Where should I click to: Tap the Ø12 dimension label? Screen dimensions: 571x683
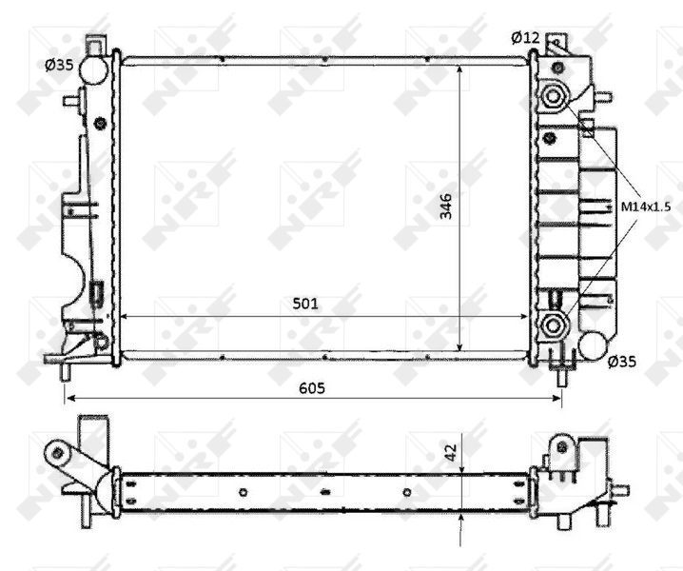point(525,37)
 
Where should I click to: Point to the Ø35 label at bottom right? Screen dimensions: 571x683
point(622,361)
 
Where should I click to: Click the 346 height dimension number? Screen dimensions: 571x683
point(446,207)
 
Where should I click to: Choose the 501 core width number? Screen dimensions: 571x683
point(304,304)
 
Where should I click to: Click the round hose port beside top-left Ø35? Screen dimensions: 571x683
point(93,69)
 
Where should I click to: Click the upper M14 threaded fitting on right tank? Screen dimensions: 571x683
point(552,95)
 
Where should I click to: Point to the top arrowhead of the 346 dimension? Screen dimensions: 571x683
point(461,68)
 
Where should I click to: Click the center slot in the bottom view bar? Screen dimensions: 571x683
point(325,492)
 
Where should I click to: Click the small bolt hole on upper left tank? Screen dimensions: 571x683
point(101,121)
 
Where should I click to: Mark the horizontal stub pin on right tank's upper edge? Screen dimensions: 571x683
point(605,95)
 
